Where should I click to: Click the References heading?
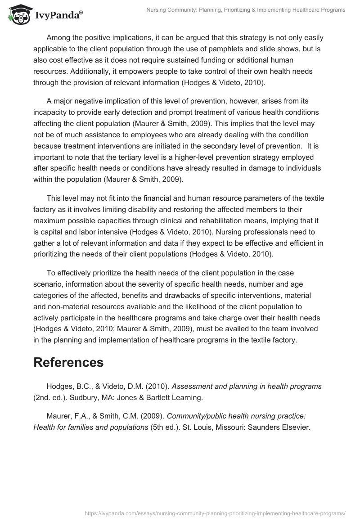[68, 362]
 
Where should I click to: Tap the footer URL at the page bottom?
[214, 513]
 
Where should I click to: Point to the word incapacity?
[53, 112]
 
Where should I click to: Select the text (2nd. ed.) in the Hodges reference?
[51, 397]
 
